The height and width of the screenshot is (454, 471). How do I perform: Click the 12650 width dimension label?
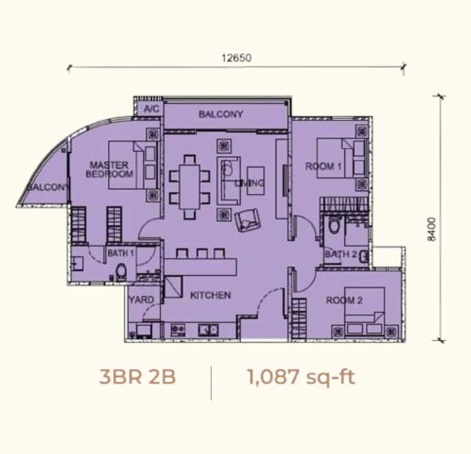[x=237, y=58]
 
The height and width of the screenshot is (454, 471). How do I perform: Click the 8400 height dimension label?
[x=431, y=229]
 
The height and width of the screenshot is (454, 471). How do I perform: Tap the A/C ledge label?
[x=151, y=109]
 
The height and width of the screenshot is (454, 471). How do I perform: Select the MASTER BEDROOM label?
[x=109, y=169]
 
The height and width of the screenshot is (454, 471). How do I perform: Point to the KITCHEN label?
[x=210, y=295]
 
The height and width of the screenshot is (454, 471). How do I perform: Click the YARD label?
[x=142, y=299]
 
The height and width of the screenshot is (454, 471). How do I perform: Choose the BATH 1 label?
[x=121, y=253]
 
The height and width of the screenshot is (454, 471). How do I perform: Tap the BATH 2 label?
[x=341, y=255]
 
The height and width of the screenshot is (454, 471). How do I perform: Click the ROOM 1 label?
[x=323, y=166]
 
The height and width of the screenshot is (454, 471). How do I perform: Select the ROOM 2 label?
[x=344, y=300]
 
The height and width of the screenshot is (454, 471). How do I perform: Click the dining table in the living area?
[x=190, y=186]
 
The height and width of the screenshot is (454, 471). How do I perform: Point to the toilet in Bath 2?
[x=333, y=226]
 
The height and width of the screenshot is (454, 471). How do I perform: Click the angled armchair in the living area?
[x=248, y=219]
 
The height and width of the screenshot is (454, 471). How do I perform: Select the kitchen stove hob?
[x=178, y=330]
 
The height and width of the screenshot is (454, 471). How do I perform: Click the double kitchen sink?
[x=208, y=330]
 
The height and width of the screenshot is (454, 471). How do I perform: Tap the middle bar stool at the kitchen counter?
[x=202, y=254]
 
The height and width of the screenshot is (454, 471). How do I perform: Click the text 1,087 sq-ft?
[x=301, y=378]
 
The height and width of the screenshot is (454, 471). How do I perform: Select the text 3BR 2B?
[x=138, y=377]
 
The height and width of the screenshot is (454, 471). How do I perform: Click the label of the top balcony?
[x=221, y=114]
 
